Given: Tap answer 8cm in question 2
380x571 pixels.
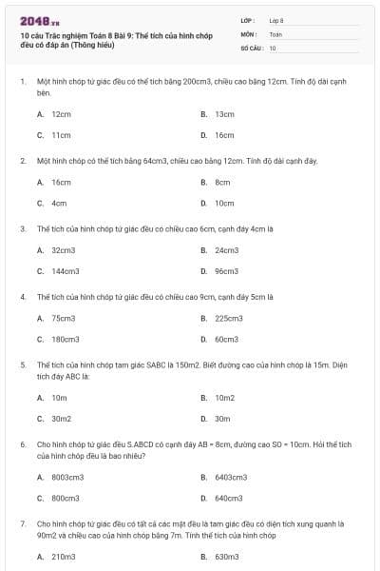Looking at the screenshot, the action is click(222, 182).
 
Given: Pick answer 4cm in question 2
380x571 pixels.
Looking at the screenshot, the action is click(59, 203).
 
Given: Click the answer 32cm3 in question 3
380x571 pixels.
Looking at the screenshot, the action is click(63, 250).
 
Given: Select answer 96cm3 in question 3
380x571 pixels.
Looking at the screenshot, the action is click(226, 271).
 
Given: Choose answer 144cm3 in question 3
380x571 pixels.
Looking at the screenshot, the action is click(65, 271).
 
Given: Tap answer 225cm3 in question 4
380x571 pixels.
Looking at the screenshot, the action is click(228, 318).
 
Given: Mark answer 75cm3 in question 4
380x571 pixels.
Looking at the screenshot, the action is click(63, 318).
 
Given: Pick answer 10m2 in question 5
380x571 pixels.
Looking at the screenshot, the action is click(224, 397).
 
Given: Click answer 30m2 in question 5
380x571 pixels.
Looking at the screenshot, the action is click(61, 418).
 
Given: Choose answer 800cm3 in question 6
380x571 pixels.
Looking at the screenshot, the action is click(65, 498).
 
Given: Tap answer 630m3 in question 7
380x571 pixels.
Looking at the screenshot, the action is click(226, 557).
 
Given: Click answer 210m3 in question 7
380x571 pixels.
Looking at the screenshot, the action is click(63, 557).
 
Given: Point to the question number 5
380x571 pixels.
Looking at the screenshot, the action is click(23, 364).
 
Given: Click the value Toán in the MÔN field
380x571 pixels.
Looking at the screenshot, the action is click(275, 33).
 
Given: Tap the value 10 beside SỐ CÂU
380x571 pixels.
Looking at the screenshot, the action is click(273, 47).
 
